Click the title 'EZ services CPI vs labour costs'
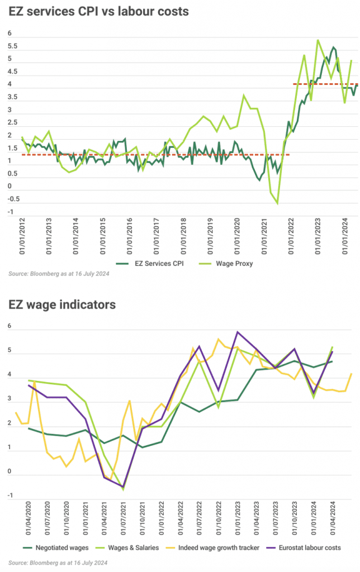(98, 11)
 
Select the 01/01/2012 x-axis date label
(22, 237)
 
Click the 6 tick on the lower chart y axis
(10, 327)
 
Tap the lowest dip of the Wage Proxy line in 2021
(277, 203)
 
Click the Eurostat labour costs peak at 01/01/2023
(238, 332)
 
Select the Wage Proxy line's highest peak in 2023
(318, 40)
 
